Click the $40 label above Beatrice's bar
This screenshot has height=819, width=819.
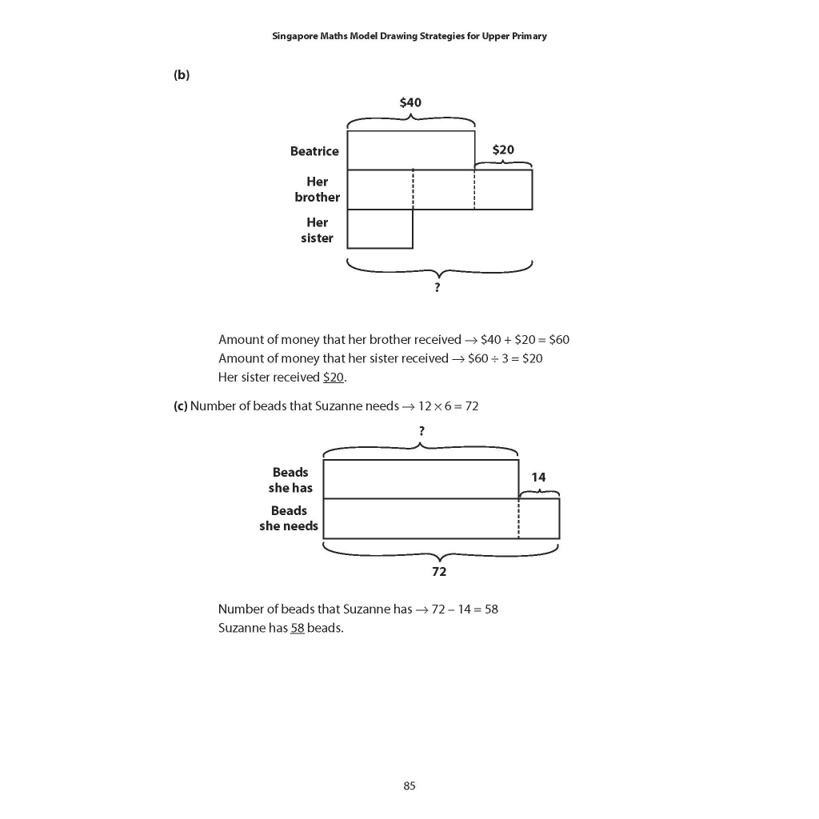pos(410,102)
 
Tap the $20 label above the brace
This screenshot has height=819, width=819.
pos(503,150)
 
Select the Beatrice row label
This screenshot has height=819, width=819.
pos(314,151)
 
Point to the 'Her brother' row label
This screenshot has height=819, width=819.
pos(317,190)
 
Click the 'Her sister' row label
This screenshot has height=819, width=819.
pos(317,230)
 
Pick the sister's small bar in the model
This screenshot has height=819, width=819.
pos(380,229)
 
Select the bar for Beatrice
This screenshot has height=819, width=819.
pos(410,150)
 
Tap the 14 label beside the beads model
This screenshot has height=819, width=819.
pos(538,477)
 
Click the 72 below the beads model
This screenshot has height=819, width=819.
pos(439,571)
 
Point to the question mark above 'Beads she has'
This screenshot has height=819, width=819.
pos(421,430)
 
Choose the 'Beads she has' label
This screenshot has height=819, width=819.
pos(290,480)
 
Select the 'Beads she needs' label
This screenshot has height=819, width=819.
pos(289,518)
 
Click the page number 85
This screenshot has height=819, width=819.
pos(409,785)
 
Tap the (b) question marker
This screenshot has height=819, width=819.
pos(181,74)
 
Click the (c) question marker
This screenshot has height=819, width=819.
pos(180,406)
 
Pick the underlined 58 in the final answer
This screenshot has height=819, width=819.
pos(297,628)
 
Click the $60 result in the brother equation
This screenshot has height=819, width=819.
pos(557,339)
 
